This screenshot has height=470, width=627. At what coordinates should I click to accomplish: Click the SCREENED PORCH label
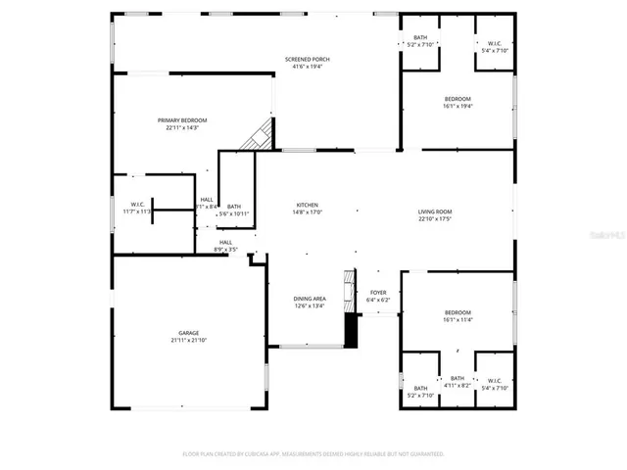coord(307,60)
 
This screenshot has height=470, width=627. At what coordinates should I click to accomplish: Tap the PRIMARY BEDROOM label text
coord(182,119)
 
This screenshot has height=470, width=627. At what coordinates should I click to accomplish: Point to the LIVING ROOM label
coord(434,211)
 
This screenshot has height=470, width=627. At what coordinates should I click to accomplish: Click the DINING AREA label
coord(310,299)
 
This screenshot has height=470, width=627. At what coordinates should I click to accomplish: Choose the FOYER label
coord(377,293)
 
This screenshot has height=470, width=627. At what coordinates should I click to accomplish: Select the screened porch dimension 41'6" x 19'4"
coord(307,67)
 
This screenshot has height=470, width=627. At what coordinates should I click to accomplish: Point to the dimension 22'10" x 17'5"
coord(434,218)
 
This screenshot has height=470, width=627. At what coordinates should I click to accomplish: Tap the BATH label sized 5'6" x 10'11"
coord(234,206)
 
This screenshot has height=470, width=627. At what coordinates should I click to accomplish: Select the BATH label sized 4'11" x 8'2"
coord(458,378)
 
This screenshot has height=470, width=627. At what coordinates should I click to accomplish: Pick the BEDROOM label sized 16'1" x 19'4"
coord(458,99)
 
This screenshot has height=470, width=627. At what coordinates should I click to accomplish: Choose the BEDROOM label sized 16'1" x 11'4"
coord(458,311)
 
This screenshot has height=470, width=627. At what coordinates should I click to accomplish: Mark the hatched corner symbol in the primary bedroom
coord(260,135)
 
